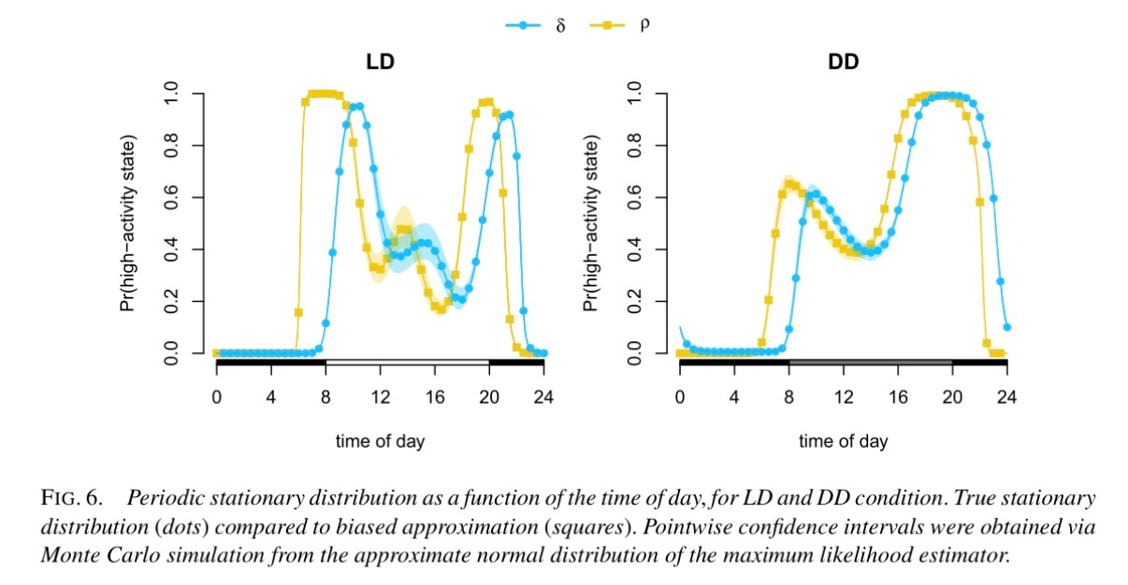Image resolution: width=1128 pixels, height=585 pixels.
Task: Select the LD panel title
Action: tap(379, 64)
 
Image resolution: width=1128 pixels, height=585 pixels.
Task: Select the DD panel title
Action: tap(843, 64)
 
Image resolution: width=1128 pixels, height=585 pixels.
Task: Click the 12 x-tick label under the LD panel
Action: tap(380, 396)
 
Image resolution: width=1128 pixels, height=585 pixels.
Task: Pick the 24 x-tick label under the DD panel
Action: tap(1007, 396)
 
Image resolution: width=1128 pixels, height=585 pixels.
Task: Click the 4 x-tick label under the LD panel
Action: tap(270, 396)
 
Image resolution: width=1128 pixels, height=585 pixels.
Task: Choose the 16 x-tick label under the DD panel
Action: tap(898, 396)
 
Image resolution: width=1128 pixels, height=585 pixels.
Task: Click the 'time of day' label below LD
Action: tap(380, 441)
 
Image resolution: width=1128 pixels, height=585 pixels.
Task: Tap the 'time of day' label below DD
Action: tap(843, 441)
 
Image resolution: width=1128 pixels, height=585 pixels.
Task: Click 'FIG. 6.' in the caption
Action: tap(72, 498)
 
